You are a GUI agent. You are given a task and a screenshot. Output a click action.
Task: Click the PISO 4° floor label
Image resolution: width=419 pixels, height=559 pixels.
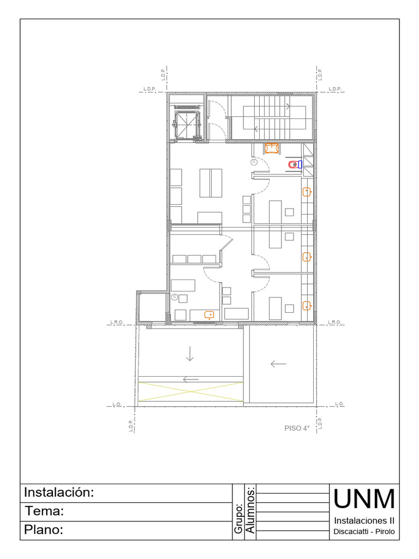point(297,429)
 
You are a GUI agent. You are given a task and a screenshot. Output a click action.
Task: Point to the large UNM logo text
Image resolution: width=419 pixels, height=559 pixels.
point(364,498)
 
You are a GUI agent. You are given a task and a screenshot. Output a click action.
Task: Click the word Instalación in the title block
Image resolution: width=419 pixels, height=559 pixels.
point(59,492)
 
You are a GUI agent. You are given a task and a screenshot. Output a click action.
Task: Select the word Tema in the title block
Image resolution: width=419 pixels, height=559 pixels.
point(45,512)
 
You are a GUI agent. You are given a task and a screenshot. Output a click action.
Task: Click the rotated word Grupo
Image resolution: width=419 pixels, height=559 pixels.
point(238,519)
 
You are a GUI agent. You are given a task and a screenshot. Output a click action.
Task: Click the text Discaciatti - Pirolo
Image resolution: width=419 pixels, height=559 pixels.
point(364,532)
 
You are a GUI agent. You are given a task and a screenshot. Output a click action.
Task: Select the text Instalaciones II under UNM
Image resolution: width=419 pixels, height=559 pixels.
point(364,520)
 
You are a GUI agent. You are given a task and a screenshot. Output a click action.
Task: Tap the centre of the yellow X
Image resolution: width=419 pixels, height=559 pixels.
point(190,392)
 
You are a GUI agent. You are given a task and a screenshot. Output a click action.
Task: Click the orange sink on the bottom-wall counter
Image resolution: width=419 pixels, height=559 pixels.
point(209,314)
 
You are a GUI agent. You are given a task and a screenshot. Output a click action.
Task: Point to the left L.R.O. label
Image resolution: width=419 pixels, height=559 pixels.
point(117,323)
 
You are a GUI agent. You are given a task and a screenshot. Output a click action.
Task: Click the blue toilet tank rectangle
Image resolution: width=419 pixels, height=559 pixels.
point(300,164)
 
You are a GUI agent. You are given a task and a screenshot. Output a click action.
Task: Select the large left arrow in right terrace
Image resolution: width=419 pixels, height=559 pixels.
point(278,364)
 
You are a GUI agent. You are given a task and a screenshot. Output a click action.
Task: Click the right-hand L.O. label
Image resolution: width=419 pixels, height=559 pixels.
point(339,404)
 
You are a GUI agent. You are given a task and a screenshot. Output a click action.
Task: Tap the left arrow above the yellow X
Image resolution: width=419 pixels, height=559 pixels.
point(191,379)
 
